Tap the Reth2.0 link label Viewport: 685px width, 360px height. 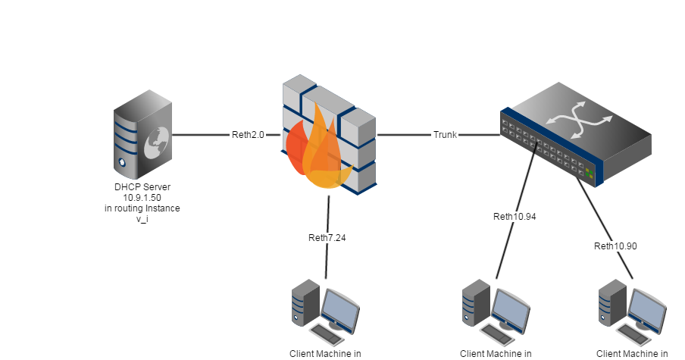[248, 135]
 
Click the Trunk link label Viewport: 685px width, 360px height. [445, 135]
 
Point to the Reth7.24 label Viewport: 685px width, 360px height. [327, 238]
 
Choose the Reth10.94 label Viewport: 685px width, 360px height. [515, 217]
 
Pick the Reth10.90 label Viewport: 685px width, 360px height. [615, 246]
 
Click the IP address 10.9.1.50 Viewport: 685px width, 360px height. [142, 197]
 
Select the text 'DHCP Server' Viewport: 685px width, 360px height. [142, 187]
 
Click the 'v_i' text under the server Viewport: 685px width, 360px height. [142, 218]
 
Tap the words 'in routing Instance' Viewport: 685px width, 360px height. [142, 208]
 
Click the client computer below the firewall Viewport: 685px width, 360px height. [325, 311]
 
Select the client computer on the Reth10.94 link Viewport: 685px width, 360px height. [496, 311]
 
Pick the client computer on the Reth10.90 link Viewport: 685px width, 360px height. [632, 311]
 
